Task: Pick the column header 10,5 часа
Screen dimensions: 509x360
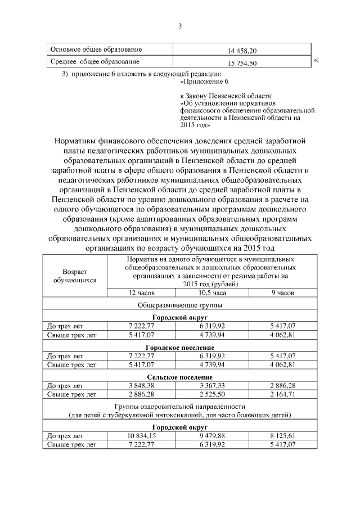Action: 212,294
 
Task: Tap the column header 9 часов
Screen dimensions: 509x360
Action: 282,294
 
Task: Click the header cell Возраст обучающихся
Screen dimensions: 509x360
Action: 75,275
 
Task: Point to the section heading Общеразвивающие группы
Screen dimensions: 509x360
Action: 179,305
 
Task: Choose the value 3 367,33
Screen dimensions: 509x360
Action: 212,386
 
